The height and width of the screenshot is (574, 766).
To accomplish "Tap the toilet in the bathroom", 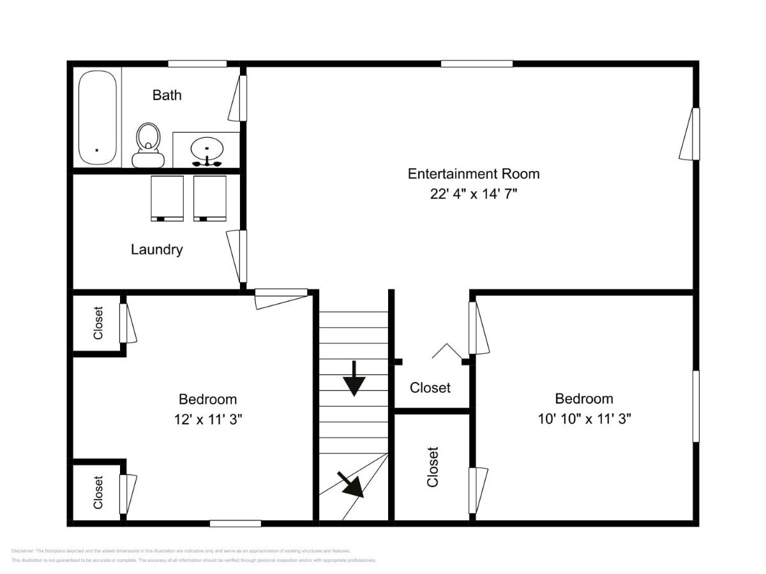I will pyautogui.click(x=148, y=145).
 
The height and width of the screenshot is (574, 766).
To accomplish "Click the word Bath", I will pyautogui.click(x=167, y=95).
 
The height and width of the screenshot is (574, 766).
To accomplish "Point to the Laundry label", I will pyautogui.click(x=157, y=249).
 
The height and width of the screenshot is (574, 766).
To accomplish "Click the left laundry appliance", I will pyautogui.click(x=167, y=198).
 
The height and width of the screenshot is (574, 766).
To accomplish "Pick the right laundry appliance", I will pyautogui.click(x=209, y=198).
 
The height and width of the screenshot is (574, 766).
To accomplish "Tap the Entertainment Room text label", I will pyautogui.click(x=474, y=173).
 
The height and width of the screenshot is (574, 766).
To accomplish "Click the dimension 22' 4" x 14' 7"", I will pyautogui.click(x=473, y=194).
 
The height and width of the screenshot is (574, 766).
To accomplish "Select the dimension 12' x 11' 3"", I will pyautogui.click(x=208, y=419).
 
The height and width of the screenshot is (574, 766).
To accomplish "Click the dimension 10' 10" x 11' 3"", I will pyautogui.click(x=584, y=418).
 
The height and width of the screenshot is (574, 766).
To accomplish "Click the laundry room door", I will pyautogui.click(x=237, y=255).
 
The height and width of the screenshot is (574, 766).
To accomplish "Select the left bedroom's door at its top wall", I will pyautogui.click(x=281, y=298).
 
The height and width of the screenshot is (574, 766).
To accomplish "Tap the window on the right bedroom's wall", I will pyautogui.click(x=696, y=406).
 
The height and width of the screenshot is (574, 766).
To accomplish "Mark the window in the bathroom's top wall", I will pyautogui.click(x=197, y=64).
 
